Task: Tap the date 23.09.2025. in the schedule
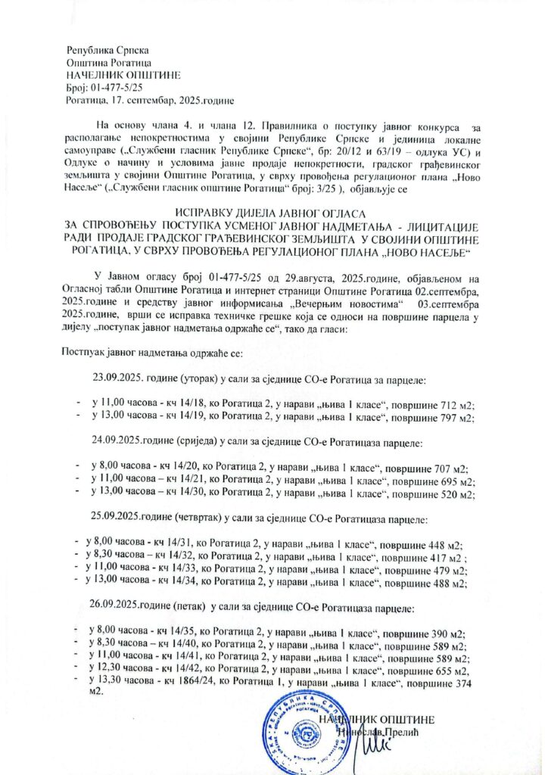120,377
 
